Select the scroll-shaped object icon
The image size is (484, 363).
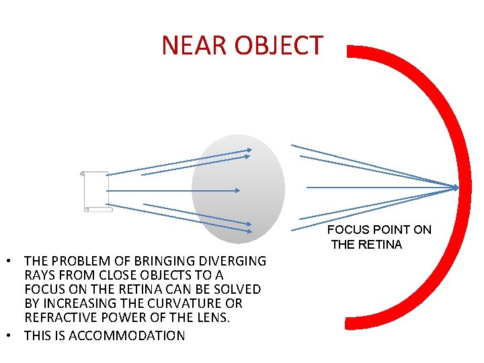96,191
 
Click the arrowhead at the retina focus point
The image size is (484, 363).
457,187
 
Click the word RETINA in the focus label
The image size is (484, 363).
380,245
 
